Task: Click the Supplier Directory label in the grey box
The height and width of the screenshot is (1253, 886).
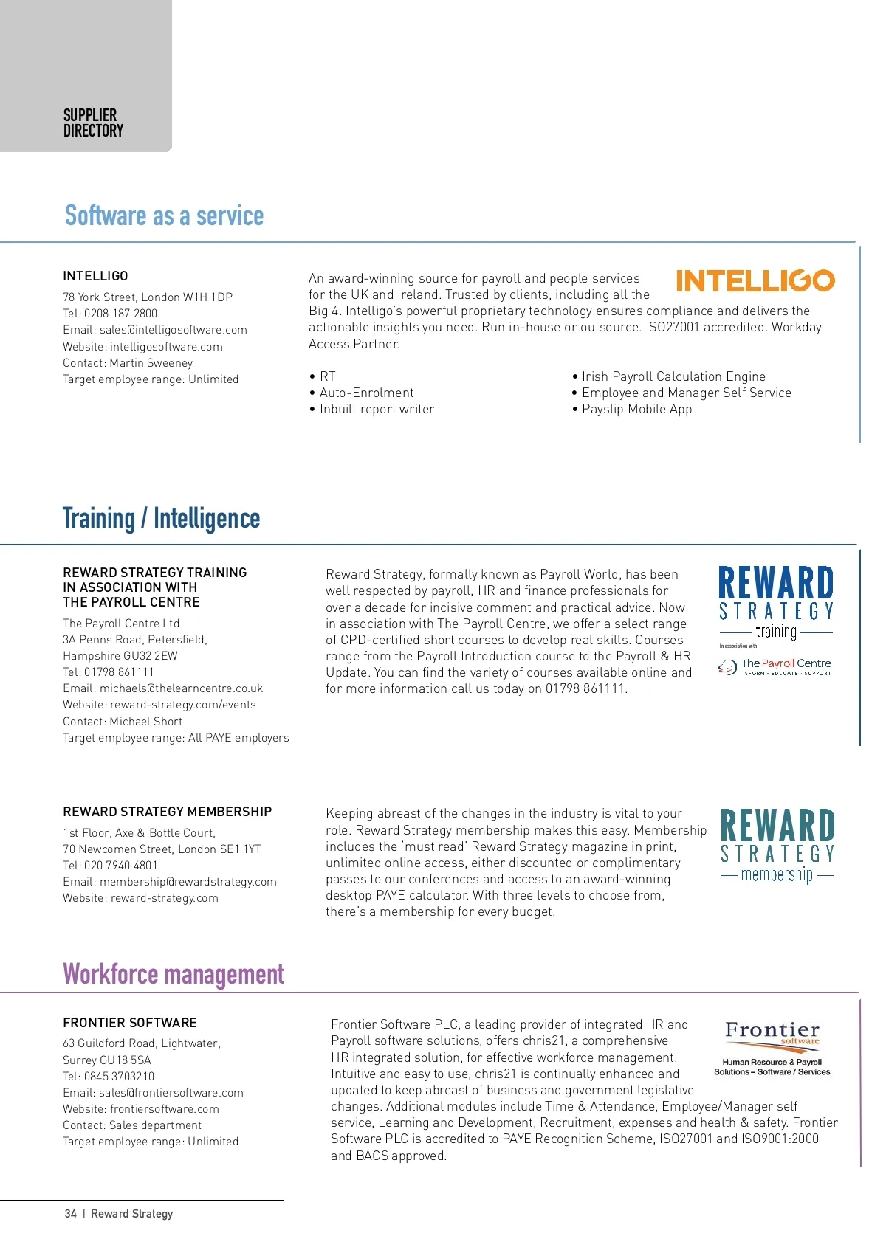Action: (x=93, y=123)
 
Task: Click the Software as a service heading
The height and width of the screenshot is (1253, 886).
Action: (x=164, y=215)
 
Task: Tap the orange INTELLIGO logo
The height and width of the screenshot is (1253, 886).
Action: (x=755, y=280)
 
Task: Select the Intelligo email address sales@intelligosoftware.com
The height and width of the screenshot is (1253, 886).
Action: (x=173, y=330)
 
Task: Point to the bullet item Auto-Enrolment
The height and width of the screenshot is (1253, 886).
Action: (x=366, y=393)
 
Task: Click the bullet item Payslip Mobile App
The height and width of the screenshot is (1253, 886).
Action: (x=636, y=409)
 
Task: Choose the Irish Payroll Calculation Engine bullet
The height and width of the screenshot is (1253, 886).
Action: (x=673, y=376)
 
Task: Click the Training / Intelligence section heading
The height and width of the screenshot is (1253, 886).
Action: (x=161, y=518)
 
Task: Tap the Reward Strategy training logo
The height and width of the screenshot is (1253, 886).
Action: (x=776, y=602)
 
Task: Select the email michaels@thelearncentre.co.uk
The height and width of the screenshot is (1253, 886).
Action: (x=181, y=688)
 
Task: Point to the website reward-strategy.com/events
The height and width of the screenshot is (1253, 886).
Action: (x=182, y=705)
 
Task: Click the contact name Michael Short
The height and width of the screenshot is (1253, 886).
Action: (x=145, y=722)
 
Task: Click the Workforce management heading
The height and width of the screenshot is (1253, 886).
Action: (x=174, y=974)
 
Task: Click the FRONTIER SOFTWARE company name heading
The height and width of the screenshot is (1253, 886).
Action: (x=130, y=1023)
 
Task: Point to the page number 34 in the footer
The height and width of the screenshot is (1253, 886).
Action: (x=71, y=1214)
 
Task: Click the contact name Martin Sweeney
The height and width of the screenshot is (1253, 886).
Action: (x=151, y=363)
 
